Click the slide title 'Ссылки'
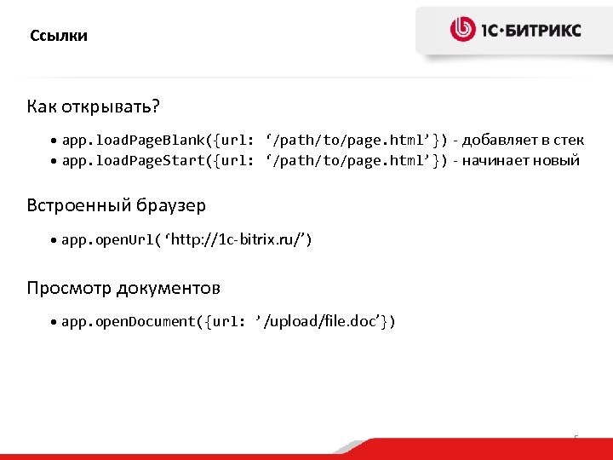click(59, 36)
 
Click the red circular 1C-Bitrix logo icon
click(463, 30)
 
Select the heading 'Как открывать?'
click(94, 107)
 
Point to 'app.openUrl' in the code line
click(107, 240)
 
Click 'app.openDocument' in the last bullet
click(129, 321)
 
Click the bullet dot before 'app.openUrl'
click(54, 242)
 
